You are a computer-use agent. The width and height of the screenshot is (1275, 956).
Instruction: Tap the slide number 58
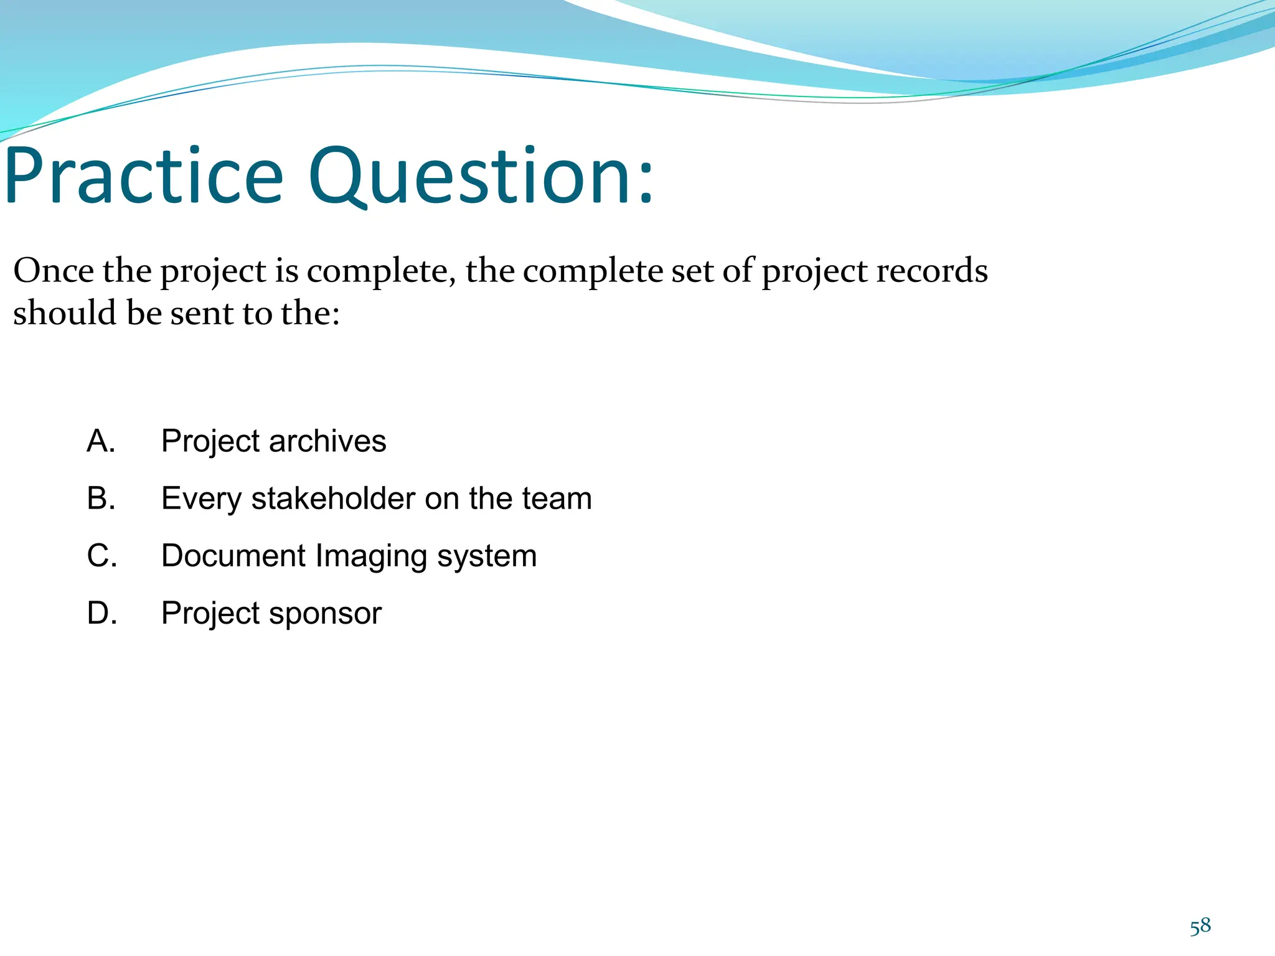[1200, 927]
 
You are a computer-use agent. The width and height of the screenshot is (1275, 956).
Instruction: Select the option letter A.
[101, 441]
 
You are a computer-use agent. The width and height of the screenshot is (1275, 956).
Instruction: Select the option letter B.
[101, 499]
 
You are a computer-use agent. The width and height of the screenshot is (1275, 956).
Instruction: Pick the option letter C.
[101, 556]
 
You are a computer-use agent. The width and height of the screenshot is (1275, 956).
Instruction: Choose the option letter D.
[101, 613]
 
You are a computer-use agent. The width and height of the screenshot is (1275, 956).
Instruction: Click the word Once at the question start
[53, 271]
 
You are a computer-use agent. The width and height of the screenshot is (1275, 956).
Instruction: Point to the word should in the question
[65, 313]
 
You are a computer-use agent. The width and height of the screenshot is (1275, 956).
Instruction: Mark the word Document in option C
[233, 556]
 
